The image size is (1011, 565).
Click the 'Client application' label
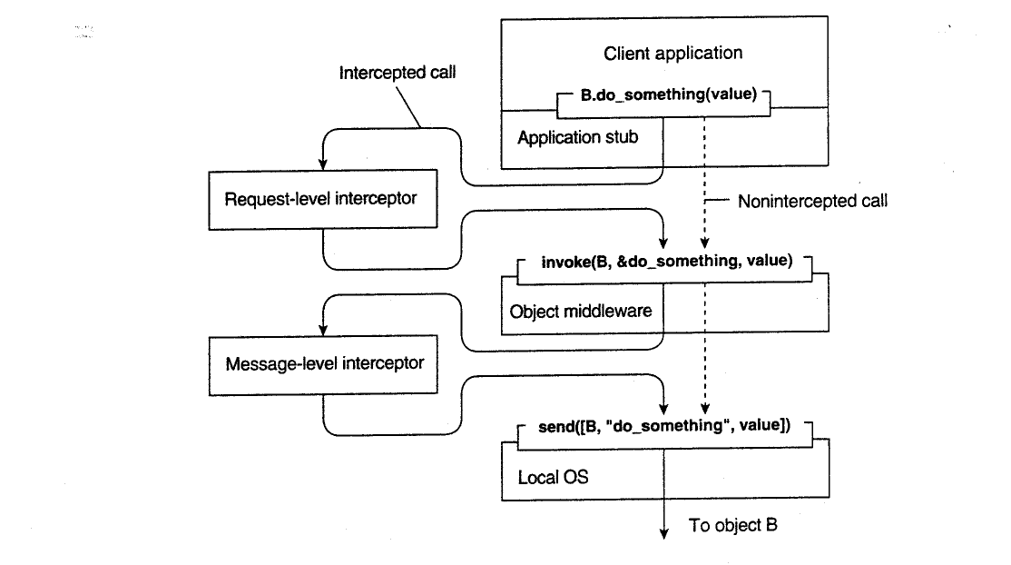pos(672,53)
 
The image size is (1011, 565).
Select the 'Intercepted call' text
pos(398,73)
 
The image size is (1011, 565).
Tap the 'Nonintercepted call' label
pos(812,201)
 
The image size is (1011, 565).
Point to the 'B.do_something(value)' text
pos(669,94)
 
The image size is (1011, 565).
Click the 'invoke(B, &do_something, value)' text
pos(667,261)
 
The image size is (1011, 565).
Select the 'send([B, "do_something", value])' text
pos(664,425)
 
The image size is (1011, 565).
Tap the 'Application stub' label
pos(578,137)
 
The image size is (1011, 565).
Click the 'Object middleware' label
pos(580,312)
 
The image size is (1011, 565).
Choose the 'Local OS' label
pos(553,477)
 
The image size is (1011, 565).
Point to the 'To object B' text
pos(732,525)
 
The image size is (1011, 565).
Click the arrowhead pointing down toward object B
pos(663,532)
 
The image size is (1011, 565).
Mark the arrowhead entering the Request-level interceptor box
pos(323,164)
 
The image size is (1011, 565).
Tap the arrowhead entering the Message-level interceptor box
pos(323,330)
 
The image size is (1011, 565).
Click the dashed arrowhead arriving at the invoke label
pos(705,243)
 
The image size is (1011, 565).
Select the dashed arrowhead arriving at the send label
pos(705,408)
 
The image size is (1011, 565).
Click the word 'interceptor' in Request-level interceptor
pos(375,198)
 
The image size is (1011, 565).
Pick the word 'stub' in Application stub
pos(618,137)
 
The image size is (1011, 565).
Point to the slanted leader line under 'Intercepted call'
pos(408,106)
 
